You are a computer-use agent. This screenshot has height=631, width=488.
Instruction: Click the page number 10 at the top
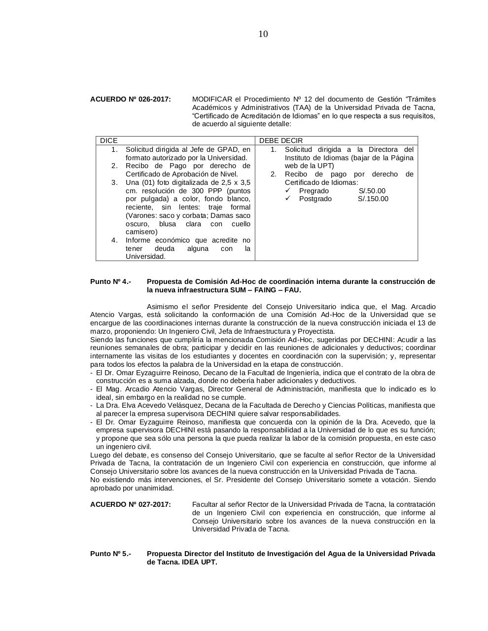263,34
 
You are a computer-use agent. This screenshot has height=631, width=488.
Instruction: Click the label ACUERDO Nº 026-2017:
131,100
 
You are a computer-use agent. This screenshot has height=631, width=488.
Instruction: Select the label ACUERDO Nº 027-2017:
131,504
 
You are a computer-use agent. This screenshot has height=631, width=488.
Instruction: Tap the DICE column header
109,140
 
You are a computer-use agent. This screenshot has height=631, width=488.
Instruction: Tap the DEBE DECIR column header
281,140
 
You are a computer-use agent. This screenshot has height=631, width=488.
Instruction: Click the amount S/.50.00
372,191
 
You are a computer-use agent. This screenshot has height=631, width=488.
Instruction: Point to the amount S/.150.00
373,199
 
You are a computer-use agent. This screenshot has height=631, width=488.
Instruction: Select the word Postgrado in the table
315,199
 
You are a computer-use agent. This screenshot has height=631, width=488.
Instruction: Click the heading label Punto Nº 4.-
110,281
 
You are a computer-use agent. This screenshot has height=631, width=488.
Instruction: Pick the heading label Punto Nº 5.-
110,554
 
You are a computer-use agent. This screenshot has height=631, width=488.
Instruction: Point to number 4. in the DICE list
114,240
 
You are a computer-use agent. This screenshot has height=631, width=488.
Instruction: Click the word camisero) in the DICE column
141,232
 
